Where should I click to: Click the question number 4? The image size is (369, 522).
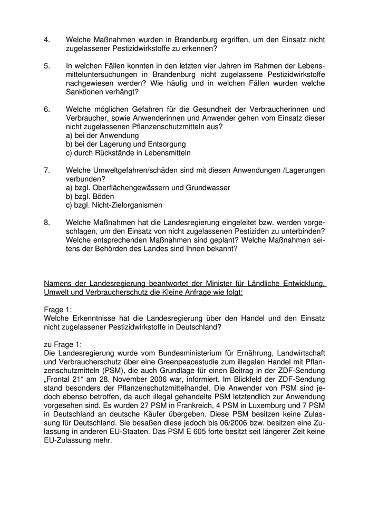[47, 40]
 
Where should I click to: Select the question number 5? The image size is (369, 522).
[47, 65]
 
